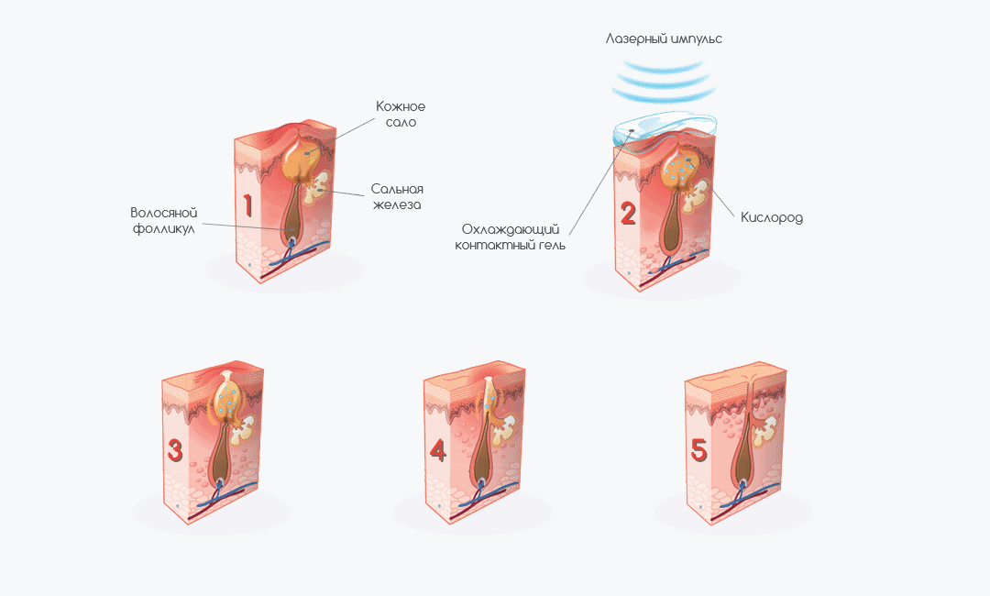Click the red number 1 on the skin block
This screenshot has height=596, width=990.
[248, 205]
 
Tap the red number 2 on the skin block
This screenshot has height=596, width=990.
[628, 214]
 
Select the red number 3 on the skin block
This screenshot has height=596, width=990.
[175, 450]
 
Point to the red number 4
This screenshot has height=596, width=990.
[437, 450]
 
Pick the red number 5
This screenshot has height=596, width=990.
[698, 450]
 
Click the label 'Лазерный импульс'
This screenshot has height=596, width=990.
[664, 39]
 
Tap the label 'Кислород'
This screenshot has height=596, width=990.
[772, 218]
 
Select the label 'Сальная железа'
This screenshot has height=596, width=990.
[397, 196]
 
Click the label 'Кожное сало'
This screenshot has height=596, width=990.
[401, 114]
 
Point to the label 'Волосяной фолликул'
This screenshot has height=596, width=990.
[164, 220]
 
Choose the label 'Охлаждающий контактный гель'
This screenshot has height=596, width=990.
[511, 237]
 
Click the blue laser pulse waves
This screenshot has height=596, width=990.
[664, 82]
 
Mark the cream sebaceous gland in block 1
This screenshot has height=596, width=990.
[317, 189]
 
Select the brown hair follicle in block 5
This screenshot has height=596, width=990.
[743, 451]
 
